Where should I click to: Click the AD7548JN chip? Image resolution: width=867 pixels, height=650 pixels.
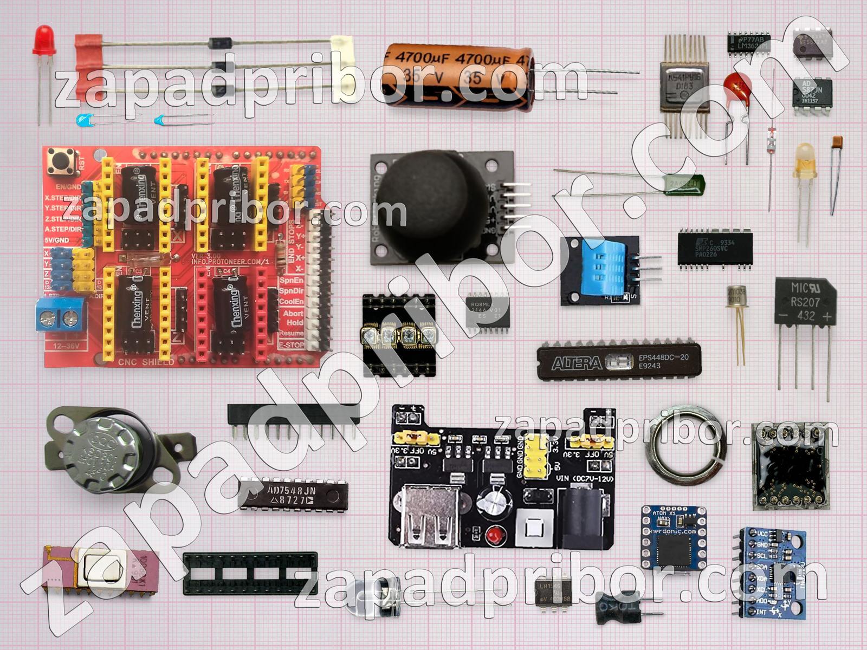pyautogui.click(x=293, y=495)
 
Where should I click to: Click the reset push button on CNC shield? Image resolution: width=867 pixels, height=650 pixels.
pyautogui.click(x=61, y=161)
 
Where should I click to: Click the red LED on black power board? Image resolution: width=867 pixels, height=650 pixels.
pyautogui.click(x=493, y=536)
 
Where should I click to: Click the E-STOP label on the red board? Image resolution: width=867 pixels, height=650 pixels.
pyautogui.click(x=291, y=344)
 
